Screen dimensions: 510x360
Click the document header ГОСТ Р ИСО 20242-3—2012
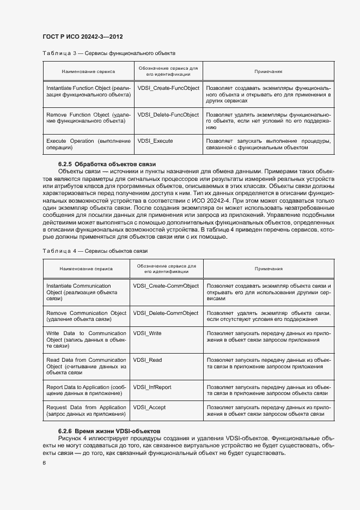click(x=82, y=37)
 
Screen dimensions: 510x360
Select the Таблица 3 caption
click(x=108, y=53)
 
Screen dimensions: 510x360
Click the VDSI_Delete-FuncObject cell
click(x=168, y=115)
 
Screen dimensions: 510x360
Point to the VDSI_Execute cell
click(x=155, y=141)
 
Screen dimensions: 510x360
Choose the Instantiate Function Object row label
click(x=89, y=91)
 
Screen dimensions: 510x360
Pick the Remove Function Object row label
click(x=89, y=118)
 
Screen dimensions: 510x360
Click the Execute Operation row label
click(x=89, y=144)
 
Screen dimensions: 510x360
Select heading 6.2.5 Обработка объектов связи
click(x=107, y=164)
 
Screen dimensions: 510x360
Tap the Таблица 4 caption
click(x=95, y=251)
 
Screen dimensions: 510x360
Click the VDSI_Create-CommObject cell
click(x=166, y=286)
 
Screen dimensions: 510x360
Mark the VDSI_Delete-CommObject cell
click(x=166, y=313)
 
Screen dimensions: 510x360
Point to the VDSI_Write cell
click(x=147, y=333)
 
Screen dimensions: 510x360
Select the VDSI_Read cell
click(x=147, y=360)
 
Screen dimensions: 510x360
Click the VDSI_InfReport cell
click(x=152, y=387)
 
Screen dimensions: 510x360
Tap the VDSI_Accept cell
click(x=150, y=408)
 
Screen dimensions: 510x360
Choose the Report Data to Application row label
click(x=86, y=390)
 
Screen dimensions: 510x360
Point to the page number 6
click(x=45, y=463)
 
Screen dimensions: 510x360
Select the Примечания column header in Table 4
click(x=269, y=269)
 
